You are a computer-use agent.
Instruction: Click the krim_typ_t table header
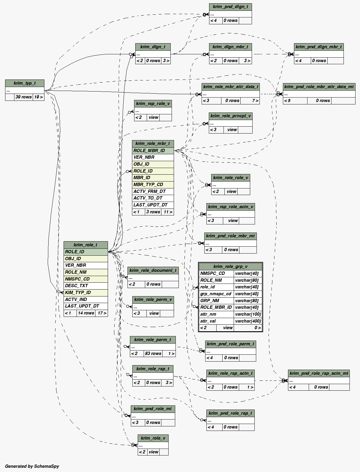(x=25, y=83)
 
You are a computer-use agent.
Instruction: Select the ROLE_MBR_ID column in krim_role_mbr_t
(x=153, y=151)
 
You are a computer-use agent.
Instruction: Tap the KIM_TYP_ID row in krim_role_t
(x=85, y=293)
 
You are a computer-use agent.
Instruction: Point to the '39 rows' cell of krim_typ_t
(x=23, y=97)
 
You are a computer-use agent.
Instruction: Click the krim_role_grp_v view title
(x=230, y=266)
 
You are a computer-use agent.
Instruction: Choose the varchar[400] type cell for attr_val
(x=248, y=321)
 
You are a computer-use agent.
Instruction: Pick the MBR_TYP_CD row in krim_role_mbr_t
(x=153, y=185)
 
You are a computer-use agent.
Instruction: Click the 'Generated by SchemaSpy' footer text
(x=32, y=466)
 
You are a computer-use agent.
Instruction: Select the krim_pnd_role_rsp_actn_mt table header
(x=319, y=373)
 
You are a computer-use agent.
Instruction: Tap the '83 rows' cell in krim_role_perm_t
(x=153, y=353)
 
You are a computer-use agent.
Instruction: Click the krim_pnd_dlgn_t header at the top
(x=230, y=7)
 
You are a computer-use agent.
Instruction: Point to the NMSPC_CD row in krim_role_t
(x=85, y=279)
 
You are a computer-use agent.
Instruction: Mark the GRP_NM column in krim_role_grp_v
(x=216, y=301)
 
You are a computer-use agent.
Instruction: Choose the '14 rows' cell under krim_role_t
(x=86, y=313)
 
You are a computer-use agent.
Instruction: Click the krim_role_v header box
(x=153, y=438)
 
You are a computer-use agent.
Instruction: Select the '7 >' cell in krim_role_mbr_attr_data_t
(x=255, y=101)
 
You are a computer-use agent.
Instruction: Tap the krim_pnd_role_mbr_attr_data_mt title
(x=319, y=87)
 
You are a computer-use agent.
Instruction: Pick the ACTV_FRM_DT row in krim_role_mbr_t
(x=153, y=191)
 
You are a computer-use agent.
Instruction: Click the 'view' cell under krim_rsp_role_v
(x=153, y=117)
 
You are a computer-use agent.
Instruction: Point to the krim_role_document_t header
(x=153, y=270)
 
